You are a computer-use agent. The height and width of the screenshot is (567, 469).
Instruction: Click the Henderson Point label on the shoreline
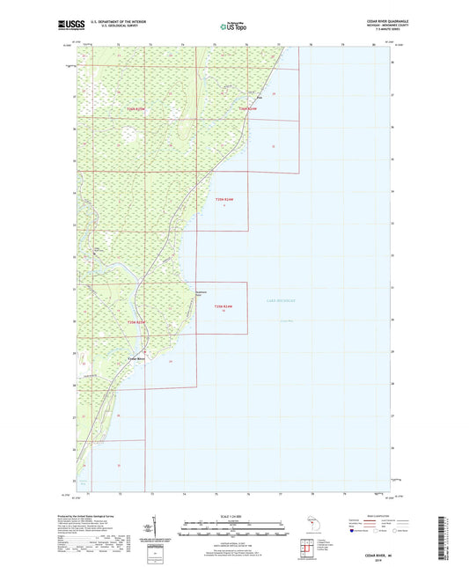click(x=201, y=294)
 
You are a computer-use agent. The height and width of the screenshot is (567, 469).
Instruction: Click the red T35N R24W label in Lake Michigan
click(x=221, y=307)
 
